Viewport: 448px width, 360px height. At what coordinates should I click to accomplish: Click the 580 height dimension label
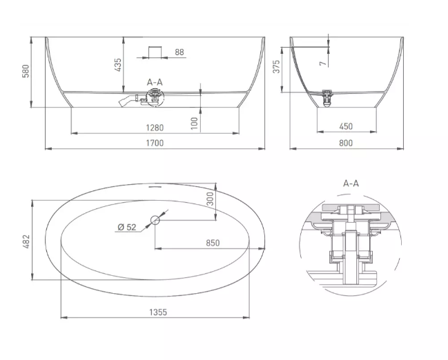tap(26, 71)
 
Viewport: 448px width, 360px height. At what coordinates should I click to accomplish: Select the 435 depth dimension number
tap(118, 65)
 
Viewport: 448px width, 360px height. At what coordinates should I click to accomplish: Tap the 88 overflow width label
tap(179, 52)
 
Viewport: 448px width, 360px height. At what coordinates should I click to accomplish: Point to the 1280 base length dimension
tap(155, 128)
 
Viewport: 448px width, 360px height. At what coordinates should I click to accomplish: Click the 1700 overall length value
tap(155, 143)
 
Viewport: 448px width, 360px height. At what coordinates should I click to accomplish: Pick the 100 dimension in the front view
tap(194, 123)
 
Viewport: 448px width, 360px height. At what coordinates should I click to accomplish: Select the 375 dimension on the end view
tap(276, 66)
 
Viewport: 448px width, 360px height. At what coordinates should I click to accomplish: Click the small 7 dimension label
tap(323, 63)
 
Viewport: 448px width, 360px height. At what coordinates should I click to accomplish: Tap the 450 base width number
tap(346, 126)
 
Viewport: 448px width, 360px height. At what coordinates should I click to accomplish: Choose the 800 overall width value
tap(346, 143)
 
